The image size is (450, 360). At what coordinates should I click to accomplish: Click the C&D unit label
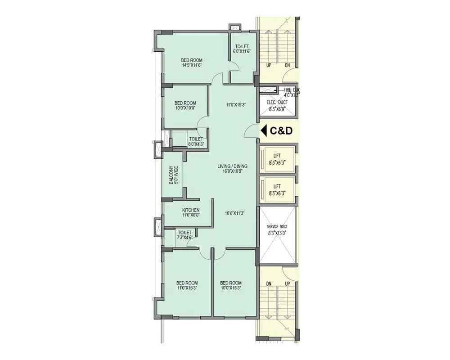[281, 131]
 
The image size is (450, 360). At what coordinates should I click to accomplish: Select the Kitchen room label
[191, 213]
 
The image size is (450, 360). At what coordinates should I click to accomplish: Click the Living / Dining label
[232, 169]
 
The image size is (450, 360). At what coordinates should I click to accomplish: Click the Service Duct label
[277, 229]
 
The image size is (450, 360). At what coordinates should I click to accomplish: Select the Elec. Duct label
[277, 105]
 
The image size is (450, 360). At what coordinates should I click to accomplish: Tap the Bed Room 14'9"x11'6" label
[192, 63]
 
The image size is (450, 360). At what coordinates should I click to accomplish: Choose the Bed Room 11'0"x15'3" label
[187, 285]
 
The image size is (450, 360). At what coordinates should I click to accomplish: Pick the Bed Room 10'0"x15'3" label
[231, 285]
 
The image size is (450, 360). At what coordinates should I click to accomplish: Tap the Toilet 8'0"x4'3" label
[196, 142]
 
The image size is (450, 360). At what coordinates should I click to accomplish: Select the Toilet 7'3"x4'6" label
[184, 235]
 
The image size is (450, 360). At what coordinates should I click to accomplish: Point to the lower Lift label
[277, 189]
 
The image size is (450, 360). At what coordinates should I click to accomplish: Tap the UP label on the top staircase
[269, 65]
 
